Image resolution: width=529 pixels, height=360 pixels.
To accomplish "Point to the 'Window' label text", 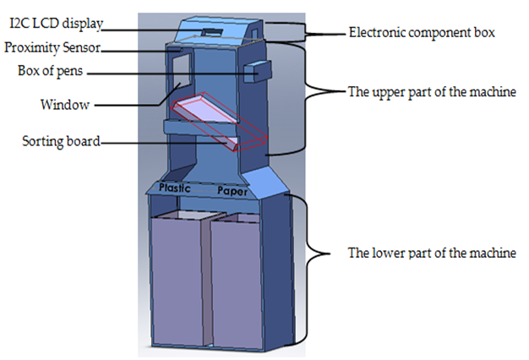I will [65, 106].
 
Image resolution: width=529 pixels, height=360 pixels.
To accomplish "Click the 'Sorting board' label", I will [61, 141].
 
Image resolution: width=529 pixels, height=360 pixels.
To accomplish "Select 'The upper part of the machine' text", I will [431, 91].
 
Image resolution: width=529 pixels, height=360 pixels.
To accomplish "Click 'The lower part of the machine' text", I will [431, 253].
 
